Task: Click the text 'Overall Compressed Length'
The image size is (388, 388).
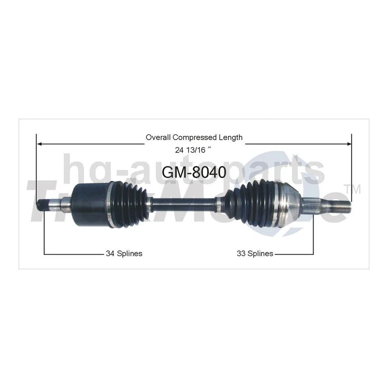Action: click(194, 137)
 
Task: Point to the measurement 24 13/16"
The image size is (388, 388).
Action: click(194, 150)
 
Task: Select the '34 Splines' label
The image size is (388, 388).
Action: click(124, 254)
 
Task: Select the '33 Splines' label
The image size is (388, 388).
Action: click(255, 254)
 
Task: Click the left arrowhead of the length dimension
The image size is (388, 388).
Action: click(40, 143)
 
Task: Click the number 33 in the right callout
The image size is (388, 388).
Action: click(241, 254)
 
